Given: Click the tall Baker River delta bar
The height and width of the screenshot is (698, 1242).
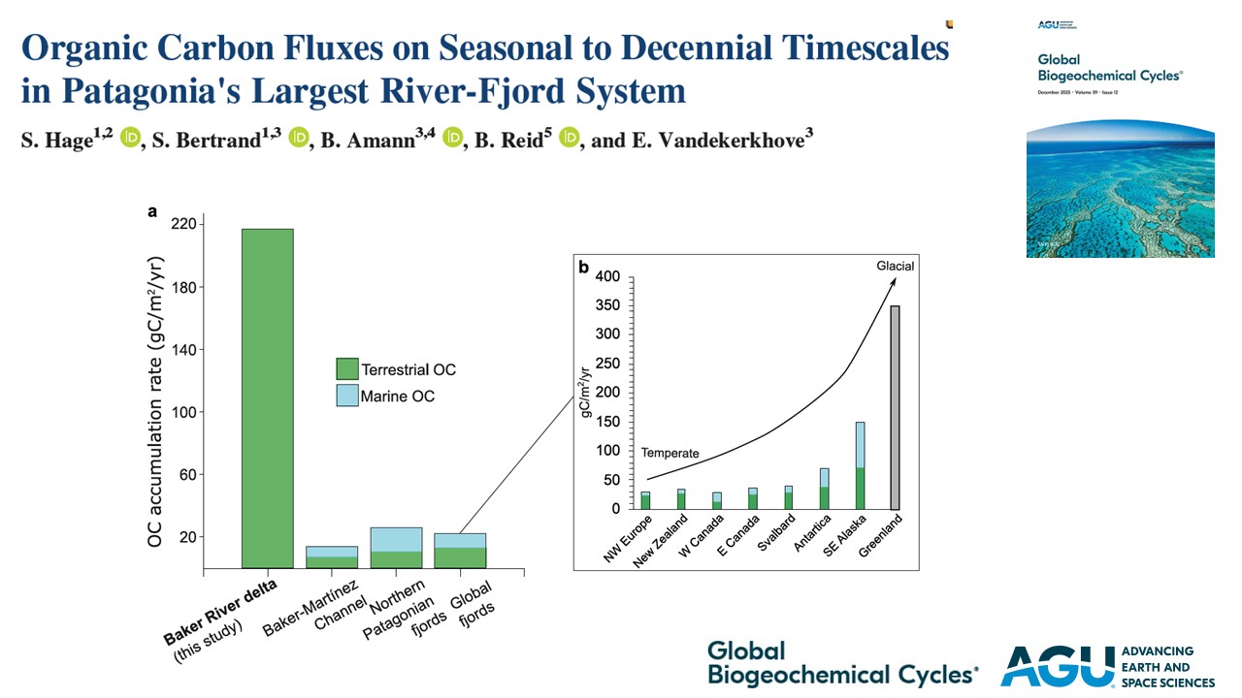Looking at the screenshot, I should [x=267, y=397].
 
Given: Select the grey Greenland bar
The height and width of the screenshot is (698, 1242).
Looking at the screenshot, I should [x=895, y=407].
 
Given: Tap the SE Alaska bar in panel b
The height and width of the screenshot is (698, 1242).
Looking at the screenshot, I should [x=860, y=465].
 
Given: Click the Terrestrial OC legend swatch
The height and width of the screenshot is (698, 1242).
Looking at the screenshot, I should [x=346, y=369].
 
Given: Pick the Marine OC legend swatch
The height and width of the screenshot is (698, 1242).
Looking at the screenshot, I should [x=346, y=397].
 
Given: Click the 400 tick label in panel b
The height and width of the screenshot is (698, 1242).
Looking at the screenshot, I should [x=605, y=276].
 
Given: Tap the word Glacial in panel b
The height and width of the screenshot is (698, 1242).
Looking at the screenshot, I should [x=894, y=266].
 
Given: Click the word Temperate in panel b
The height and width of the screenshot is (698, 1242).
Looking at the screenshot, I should [x=670, y=453].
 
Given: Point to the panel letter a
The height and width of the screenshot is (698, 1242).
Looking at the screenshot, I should [x=152, y=209].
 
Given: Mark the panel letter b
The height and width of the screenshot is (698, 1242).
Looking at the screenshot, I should [x=584, y=266].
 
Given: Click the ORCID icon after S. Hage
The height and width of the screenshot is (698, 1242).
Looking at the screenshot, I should [x=131, y=139].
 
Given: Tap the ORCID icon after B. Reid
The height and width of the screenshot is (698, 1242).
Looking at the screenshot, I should [x=569, y=139].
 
